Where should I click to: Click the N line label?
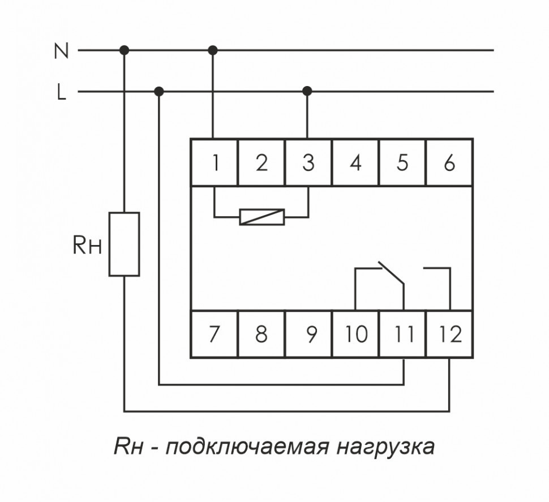coord(61,51)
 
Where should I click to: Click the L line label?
coord(61,92)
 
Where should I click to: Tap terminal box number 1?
coord(214,162)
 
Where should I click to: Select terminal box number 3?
coord(308,162)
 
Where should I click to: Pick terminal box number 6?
coord(449,162)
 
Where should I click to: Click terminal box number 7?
coord(214,334)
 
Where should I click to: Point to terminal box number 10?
coord(355,334)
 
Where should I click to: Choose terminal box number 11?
coord(402,334)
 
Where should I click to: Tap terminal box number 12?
coord(449,334)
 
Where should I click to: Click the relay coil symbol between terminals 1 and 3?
coord(261,217)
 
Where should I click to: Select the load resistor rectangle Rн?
coord(124,244)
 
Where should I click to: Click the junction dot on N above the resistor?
coord(124,51)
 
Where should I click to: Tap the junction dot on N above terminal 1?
coord(213,51)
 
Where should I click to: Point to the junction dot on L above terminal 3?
coord(307,91)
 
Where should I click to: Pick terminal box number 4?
coord(355,162)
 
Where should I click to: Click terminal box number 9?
coord(308,334)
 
